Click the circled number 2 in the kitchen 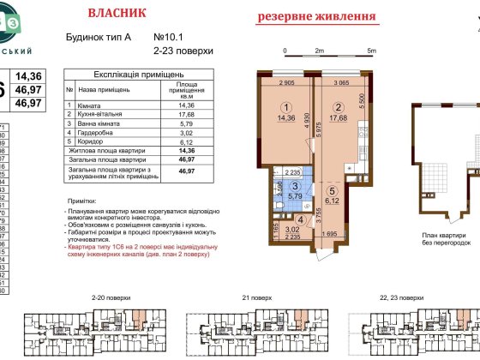coord(339,107)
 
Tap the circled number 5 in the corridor coord(336,191)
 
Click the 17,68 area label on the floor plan coord(339,119)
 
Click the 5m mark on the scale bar coord(371,51)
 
